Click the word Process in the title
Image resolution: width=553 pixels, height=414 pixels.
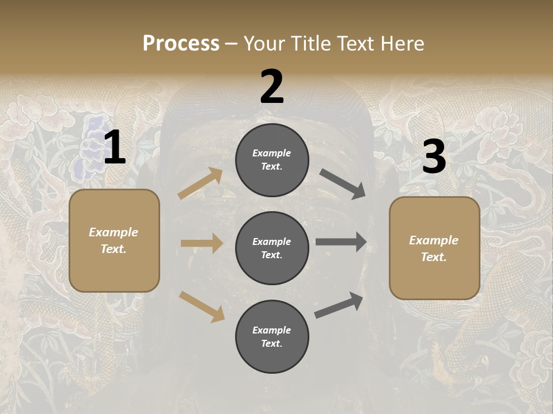click(x=181, y=44)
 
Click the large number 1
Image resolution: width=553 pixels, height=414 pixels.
click(x=115, y=148)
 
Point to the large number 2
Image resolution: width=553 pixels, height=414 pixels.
click(x=272, y=87)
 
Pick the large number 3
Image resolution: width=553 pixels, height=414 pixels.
click(x=434, y=157)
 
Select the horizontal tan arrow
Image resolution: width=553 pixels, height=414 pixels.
click(x=202, y=243)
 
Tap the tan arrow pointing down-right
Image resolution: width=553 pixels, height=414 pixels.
click(x=202, y=306)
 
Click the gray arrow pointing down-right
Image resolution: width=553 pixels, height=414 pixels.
click(x=342, y=183)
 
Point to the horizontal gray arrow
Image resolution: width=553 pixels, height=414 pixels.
click(x=341, y=242)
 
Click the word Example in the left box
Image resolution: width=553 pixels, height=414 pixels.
click(x=113, y=232)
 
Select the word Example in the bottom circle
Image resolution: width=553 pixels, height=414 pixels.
click(x=271, y=330)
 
